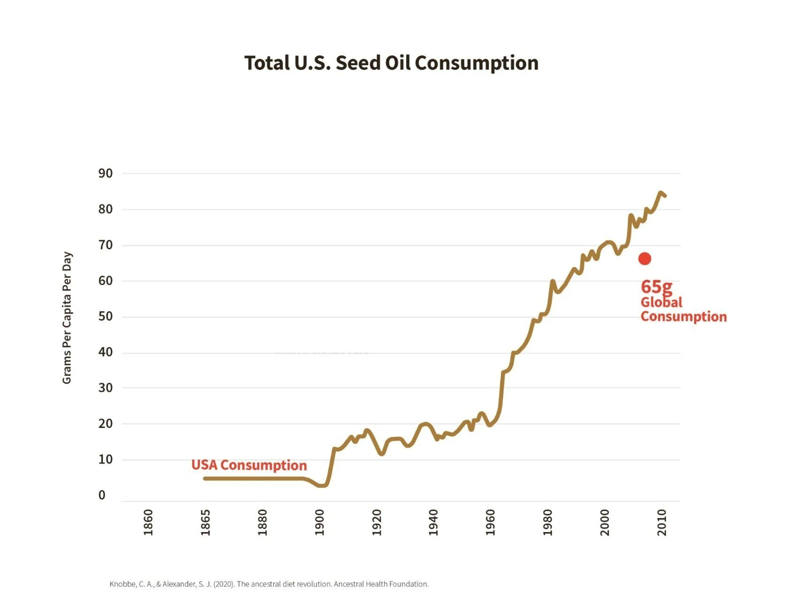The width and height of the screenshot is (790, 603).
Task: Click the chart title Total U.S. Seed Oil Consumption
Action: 391,63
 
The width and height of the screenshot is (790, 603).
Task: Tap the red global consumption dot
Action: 644,259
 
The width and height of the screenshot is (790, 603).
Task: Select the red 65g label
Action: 656,286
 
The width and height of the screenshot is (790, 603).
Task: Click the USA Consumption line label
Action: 249,465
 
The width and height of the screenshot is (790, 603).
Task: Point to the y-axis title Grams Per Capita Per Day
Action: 67,317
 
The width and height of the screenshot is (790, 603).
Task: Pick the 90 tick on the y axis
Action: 106,173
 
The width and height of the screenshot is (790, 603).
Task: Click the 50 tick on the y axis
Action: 106,317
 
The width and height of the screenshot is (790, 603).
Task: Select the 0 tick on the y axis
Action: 102,495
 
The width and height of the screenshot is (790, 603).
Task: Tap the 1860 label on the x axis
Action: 148,522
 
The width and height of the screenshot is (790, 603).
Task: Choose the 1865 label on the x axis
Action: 205,522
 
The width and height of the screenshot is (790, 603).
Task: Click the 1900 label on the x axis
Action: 320,522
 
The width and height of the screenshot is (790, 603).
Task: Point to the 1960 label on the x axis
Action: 491,522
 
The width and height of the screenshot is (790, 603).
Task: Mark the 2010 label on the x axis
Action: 662,522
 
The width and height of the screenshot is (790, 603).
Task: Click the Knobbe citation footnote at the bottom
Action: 269,584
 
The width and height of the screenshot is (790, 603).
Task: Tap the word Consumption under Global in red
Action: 683,317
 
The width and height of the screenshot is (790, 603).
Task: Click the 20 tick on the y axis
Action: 106,424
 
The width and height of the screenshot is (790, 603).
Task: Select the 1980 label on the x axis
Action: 547,522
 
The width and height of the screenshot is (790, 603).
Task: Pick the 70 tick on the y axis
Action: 106,245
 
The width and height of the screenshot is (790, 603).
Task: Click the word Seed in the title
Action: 358,63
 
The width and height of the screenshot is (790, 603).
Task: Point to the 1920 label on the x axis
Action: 376,522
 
